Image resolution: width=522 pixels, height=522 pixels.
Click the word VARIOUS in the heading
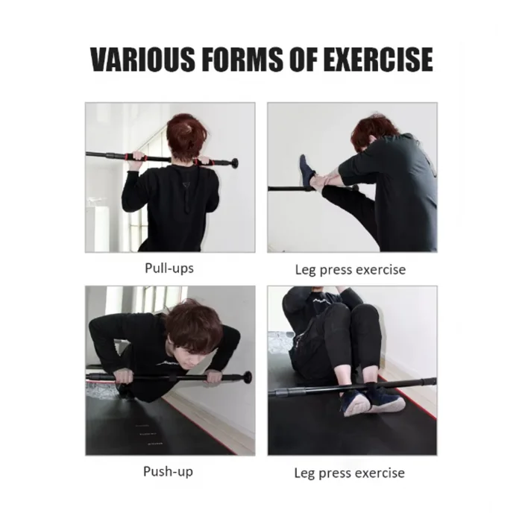142,59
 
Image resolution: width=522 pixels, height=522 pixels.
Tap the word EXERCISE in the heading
378,59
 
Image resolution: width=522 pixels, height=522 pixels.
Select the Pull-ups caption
169,268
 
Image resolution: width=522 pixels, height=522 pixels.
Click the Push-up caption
168,471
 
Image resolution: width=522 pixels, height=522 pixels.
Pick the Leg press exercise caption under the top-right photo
350,270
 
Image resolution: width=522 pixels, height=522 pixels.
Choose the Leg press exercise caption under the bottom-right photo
349,473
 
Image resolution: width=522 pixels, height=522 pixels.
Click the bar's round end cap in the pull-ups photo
234,163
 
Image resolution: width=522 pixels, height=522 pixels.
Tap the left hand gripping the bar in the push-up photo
124,377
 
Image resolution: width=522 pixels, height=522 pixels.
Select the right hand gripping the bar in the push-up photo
215,379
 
